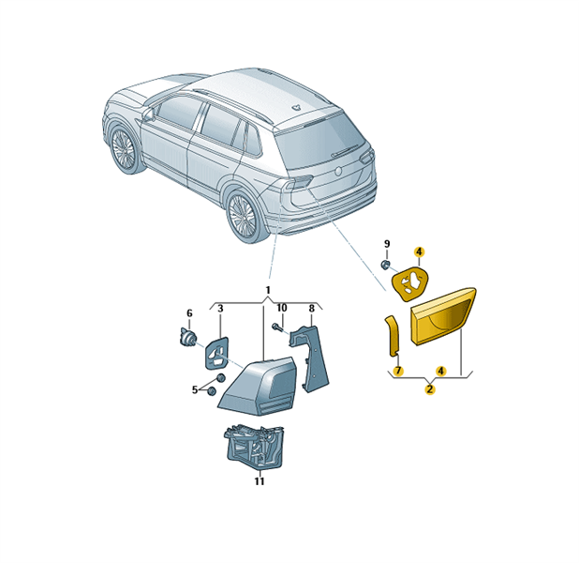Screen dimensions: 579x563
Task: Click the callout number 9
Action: click(x=387, y=244)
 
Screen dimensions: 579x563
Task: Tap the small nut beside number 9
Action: click(x=385, y=265)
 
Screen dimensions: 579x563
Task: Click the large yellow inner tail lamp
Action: click(x=443, y=316)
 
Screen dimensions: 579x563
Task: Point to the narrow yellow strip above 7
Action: click(x=393, y=336)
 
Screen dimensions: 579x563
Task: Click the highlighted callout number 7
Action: click(x=398, y=371)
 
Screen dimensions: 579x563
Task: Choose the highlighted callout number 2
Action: click(x=430, y=389)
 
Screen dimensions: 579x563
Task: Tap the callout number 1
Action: click(x=268, y=290)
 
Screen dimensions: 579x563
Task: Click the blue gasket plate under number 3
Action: click(x=216, y=353)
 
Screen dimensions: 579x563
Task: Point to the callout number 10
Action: click(x=282, y=308)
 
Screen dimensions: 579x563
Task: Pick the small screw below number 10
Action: click(x=277, y=327)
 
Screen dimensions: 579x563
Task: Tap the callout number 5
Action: click(x=194, y=390)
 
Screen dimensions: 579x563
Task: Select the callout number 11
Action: click(x=260, y=481)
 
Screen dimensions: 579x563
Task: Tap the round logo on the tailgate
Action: click(x=338, y=171)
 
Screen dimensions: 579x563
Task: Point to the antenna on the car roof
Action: click(x=296, y=108)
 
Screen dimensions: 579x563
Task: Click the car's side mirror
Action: click(x=148, y=114)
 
